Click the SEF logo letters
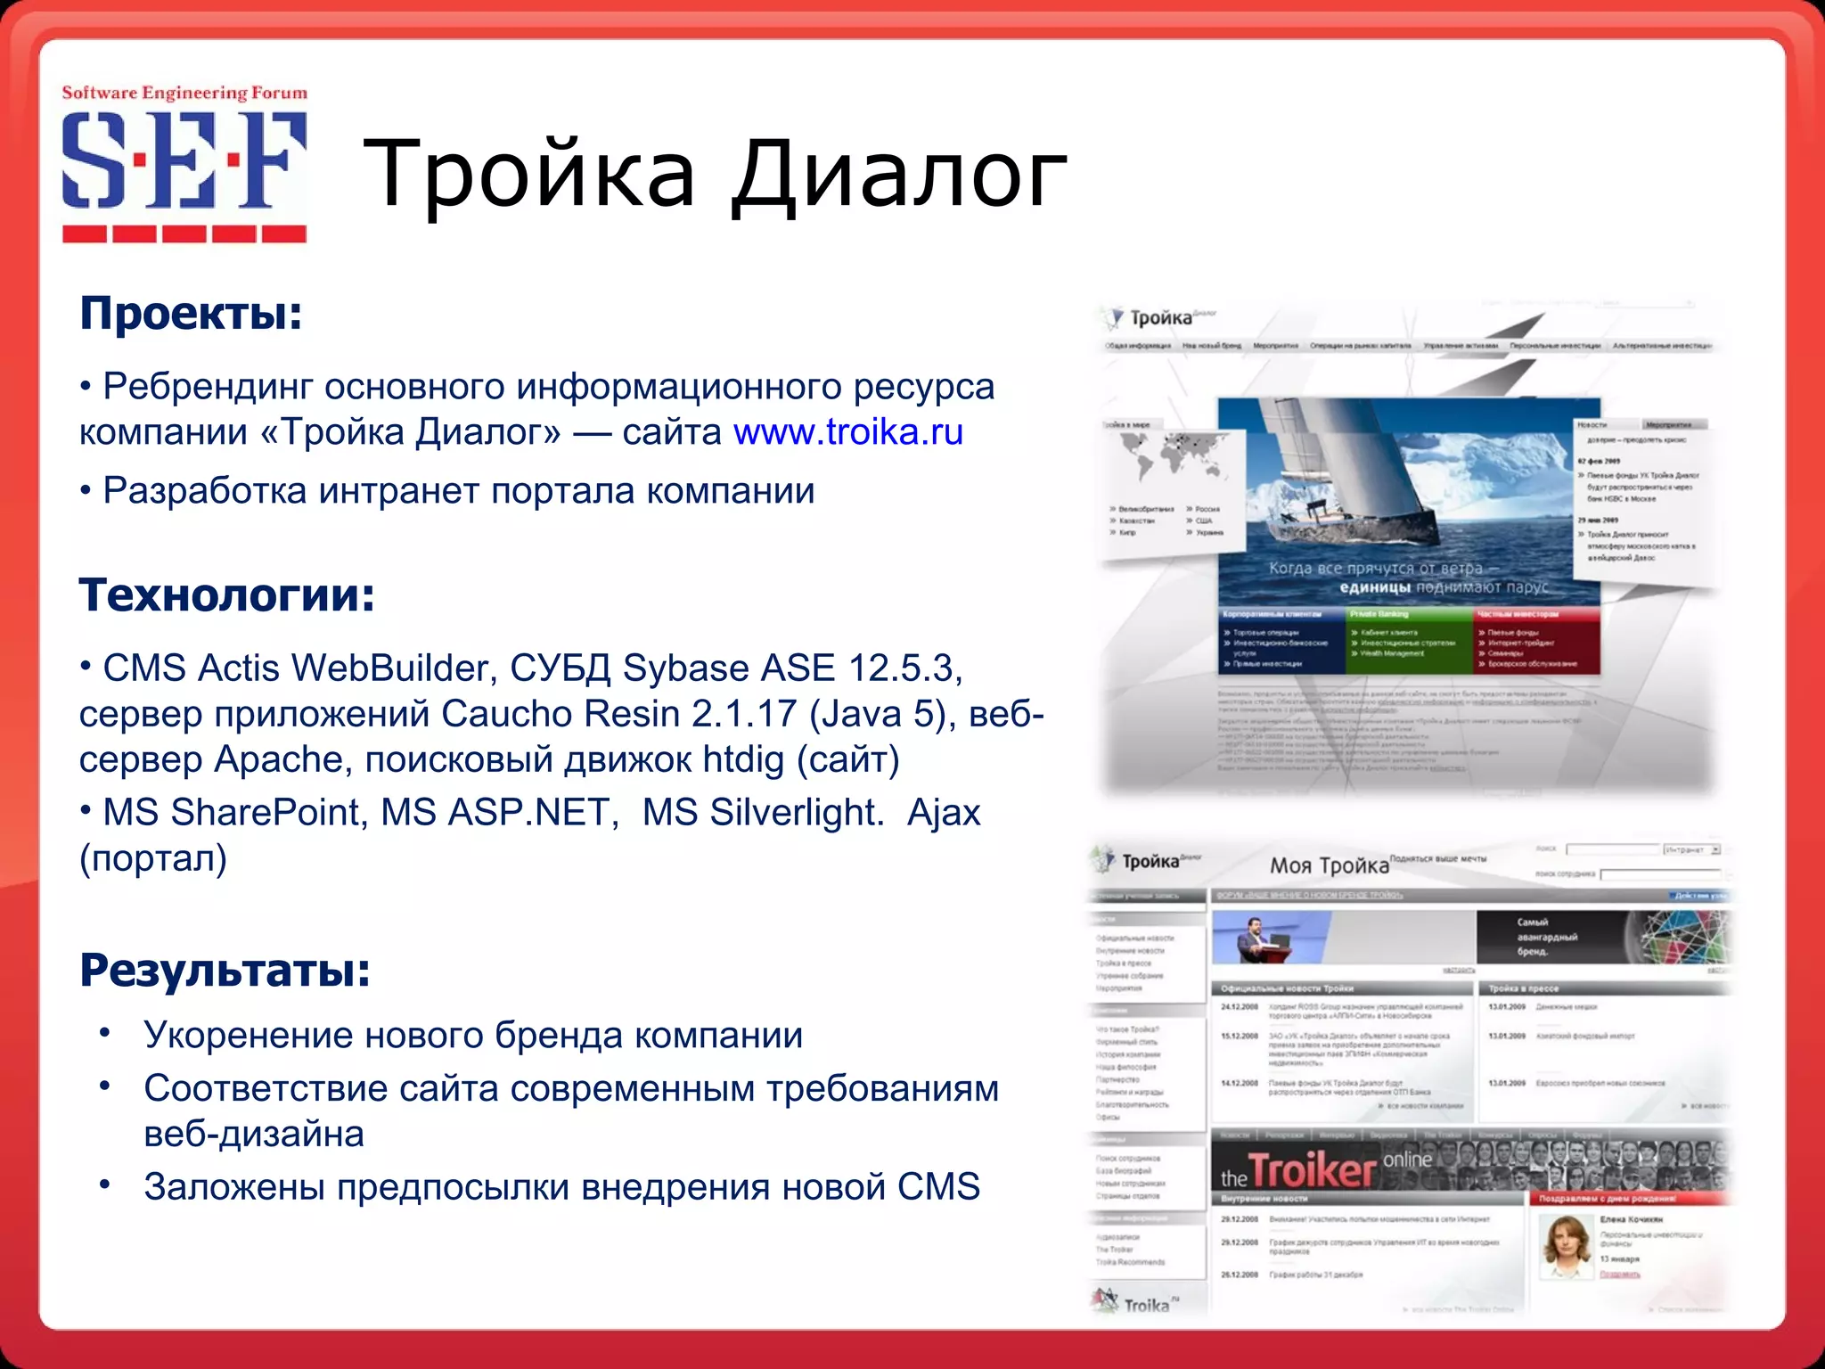pos(184,160)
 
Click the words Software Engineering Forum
pos(184,93)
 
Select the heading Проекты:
pos(191,314)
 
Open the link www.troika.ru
pos(847,432)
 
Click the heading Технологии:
pos(226,595)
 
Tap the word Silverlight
pos(762,813)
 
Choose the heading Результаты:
pos(225,971)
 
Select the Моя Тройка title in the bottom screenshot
pos(1328,865)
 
